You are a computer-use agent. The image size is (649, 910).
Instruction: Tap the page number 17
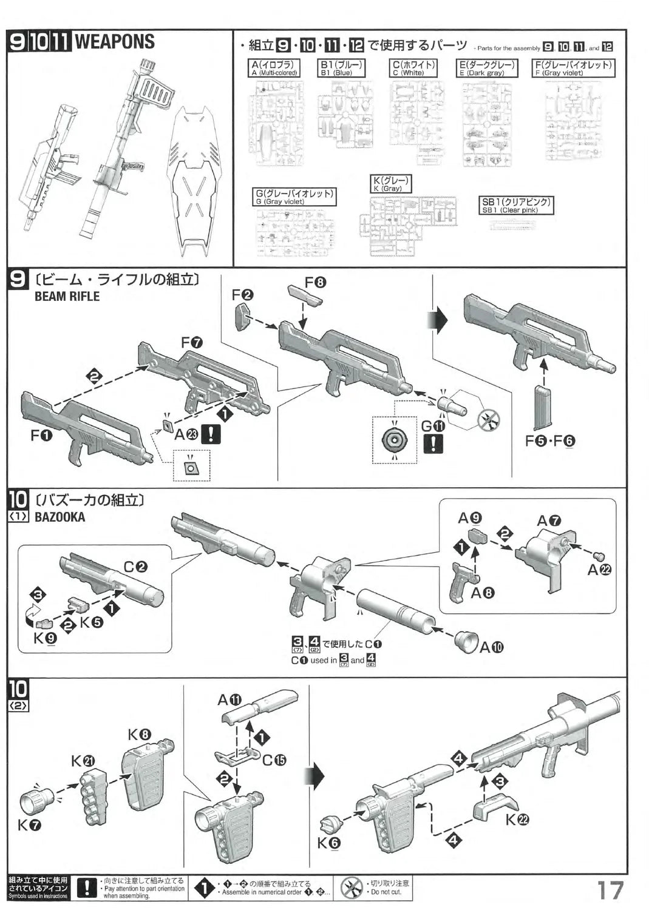coord(610,890)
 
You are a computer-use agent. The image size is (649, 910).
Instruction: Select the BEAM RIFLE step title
coord(67,297)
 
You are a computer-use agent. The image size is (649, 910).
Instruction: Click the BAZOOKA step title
coord(59,517)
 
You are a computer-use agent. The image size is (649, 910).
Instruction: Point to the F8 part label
coord(315,282)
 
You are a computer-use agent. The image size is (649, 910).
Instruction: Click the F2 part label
coord(242,295)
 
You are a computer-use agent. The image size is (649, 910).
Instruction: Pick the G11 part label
coord(433,426)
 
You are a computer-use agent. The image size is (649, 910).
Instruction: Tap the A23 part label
coord(186,434)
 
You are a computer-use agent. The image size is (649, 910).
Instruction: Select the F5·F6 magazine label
coord(549,441)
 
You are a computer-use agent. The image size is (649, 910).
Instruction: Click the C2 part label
coord(135,567)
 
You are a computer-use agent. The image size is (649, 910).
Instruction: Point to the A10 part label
coord(491,647)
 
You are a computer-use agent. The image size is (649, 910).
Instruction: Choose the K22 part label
coord(517,820)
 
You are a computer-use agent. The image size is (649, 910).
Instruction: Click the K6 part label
coord(328,843)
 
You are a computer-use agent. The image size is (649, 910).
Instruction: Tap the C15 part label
coord(274,760)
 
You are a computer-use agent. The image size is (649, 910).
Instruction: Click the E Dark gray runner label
coord(487,68)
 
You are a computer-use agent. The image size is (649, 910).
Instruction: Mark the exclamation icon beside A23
coord(211,434)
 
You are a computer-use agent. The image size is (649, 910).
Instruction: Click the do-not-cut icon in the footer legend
coord(352,889)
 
